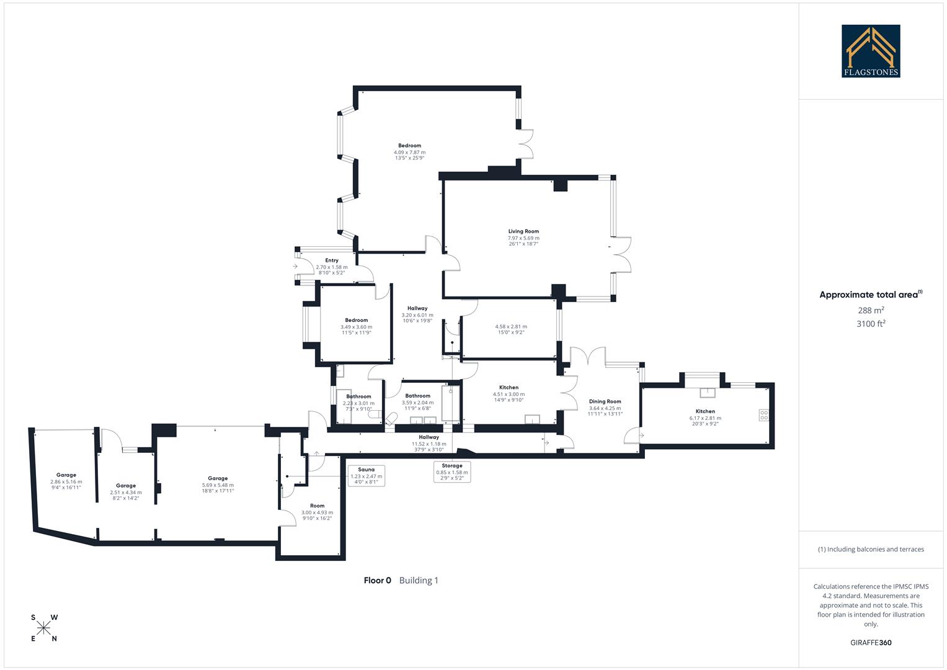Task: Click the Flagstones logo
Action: click(871, 51)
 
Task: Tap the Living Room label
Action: click(523, 231)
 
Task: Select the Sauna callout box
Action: click(366, 475)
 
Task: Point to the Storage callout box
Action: click(451, 471)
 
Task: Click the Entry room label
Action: click(332, 261)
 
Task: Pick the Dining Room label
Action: click(605, 401)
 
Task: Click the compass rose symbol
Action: click(44, 628)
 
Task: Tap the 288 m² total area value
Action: click(871, 310)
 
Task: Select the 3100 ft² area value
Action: click(871, 323)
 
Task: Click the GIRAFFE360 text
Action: click(871, 643)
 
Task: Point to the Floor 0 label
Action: click(377, 581)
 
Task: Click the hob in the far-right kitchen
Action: click(764, 415)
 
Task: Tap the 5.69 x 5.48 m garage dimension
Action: click(218, 485)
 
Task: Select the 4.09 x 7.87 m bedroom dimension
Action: click(409, 152)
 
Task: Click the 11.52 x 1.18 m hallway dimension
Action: click(429, 444)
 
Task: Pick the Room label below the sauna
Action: click(317, 506)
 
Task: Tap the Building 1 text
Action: click(419, 581)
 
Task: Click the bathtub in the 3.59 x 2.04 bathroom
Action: click(452, 404)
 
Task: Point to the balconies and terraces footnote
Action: click(871, 549)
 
